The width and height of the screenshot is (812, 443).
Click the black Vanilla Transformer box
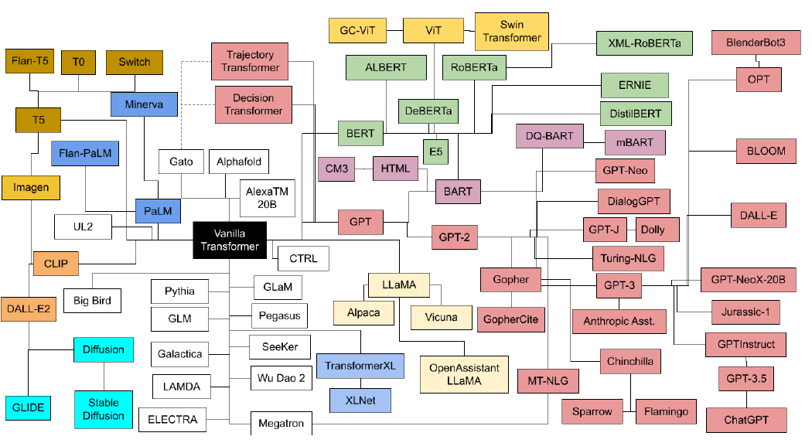tap(230, 240)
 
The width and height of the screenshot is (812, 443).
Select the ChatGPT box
tap(746, 420)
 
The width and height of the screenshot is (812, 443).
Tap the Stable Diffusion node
tap(104, 409)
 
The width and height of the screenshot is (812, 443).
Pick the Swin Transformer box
tap(512, 32)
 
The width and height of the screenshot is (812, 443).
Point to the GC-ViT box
tap(357, 30)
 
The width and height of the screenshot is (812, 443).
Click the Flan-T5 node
tap(29, 61)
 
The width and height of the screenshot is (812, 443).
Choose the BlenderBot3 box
tap(756, 43)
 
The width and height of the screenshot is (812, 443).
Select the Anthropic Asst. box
tap(619, 322)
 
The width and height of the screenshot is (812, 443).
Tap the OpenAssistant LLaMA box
tap(464, 374)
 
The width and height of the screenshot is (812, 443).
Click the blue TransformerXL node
tap(360, 366)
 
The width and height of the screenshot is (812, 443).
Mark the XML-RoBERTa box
tap(644, 43)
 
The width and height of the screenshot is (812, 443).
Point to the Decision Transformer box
tap(253, 104)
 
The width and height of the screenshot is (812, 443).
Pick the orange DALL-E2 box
tap(29, 309)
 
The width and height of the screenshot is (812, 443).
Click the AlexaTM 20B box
tap(268, 198)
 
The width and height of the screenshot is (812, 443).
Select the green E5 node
tap(435, 152)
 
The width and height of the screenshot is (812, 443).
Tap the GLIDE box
tap(29, 407)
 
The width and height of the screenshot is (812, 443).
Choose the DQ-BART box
tap(549, 136)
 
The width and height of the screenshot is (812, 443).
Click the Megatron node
tap(281, 424)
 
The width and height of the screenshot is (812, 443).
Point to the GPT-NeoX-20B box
tap(748, 280)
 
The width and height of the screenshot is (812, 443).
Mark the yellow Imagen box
tap(31, 187)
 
